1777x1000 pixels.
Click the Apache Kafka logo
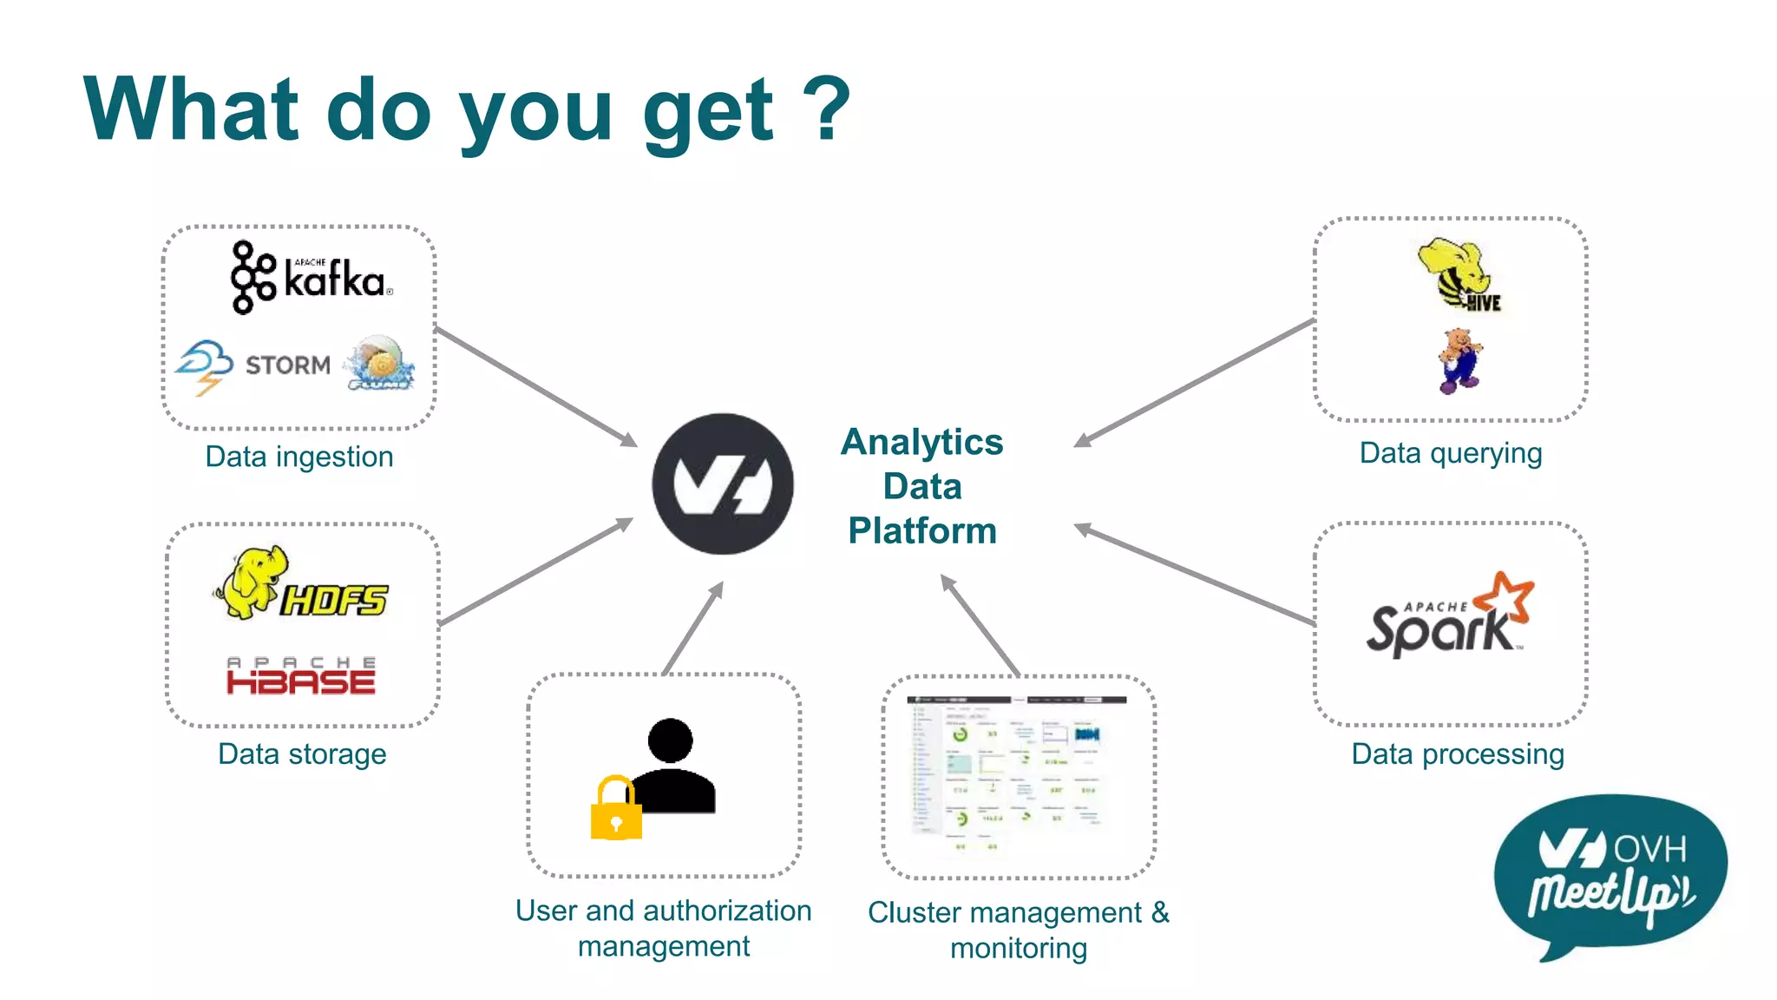(311, 278)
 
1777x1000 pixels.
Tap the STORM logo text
(287, 365)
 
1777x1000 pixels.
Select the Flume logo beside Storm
(380, 364)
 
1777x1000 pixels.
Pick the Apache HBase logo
(301, 676)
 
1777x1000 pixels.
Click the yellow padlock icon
(616, 809)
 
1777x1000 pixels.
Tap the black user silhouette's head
(670, 740)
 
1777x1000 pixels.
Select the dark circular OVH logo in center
(723, 484)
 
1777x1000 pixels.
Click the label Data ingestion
(299, 457)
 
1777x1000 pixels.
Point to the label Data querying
(1451, 453)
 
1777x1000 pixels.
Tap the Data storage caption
(302, 753)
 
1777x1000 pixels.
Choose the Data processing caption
(1458, 753)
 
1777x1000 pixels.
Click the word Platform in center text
(922, 530)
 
